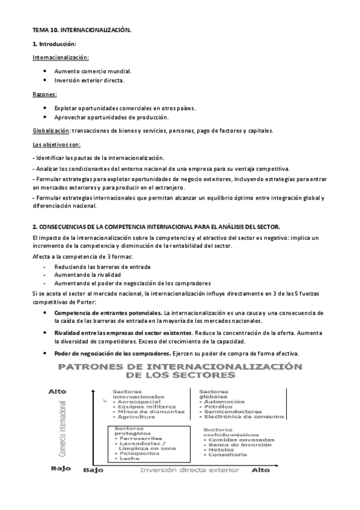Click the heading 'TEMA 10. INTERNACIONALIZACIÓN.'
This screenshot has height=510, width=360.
[x=81, y=29]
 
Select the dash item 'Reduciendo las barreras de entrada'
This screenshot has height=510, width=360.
[x=102, y=266]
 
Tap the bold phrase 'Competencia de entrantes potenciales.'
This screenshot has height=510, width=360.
[x=108, y=313]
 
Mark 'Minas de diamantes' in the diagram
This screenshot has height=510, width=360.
[x=143, y=411]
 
